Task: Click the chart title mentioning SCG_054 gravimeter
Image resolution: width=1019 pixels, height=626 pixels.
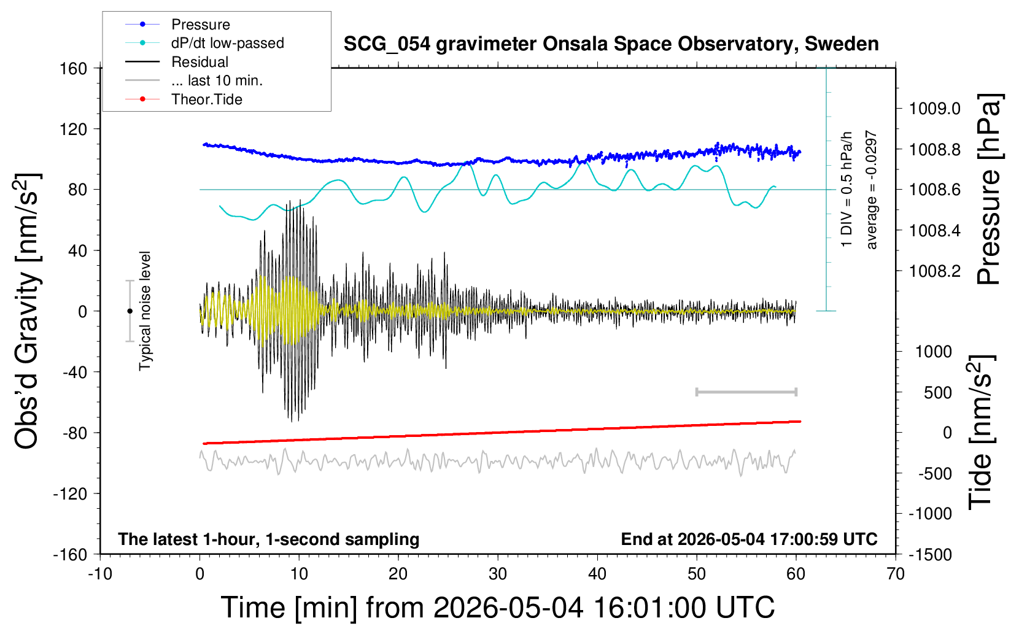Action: pos(611,44)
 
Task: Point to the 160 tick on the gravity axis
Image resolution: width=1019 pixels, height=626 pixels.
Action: pos(73,69)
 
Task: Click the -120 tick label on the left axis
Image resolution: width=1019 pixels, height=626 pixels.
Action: pos(70,493)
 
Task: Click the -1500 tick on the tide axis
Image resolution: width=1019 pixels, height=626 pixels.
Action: pos(930,555)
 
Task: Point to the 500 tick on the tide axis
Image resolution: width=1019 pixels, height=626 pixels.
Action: pos(937,393)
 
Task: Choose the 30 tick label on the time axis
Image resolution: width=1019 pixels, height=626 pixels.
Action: pos(498,574)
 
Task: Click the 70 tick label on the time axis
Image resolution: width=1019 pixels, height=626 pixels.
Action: pos(895,574)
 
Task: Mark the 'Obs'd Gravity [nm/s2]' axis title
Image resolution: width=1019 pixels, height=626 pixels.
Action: pos(27,311)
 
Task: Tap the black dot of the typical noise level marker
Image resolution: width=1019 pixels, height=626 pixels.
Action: pos(130,311)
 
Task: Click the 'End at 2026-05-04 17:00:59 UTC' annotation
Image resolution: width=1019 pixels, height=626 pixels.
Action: pos(749,539)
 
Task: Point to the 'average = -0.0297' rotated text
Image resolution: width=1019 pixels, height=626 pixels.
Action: pos(870,190)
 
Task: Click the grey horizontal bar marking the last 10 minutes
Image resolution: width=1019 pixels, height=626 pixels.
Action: pos(746,392)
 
